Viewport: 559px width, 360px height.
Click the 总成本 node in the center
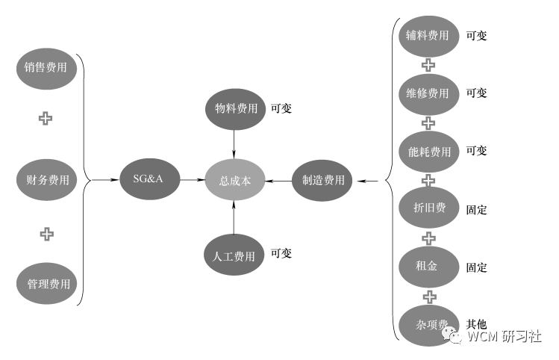click(235, 180)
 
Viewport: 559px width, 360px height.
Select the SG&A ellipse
click(151, 180)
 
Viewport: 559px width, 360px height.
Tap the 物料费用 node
click(234, 108)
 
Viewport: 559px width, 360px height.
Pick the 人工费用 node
click(234, 255)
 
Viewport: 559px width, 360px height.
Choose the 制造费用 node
click(323, 180)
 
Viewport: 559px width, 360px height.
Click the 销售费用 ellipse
click(46, 68)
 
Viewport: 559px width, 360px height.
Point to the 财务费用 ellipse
click(46, 180)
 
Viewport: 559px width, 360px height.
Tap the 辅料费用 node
click(428, 35)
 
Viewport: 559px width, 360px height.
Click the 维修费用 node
click(428, 93)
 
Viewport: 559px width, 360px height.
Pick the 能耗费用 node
click(428, 152)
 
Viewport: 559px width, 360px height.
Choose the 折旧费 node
click(428, 208)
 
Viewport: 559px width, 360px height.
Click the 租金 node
click(428, 267)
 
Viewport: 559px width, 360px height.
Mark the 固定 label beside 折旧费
click(476, 210)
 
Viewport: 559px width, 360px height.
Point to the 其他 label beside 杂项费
click(476, 324)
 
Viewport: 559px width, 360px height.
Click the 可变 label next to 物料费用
click(281, 108)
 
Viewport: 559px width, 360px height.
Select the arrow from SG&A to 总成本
click(193, 180)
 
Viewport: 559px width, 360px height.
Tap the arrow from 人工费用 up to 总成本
click(234, 217)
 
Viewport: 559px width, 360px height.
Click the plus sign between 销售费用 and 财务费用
click(46, 118)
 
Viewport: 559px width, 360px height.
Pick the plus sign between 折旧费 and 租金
click(428, 238)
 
